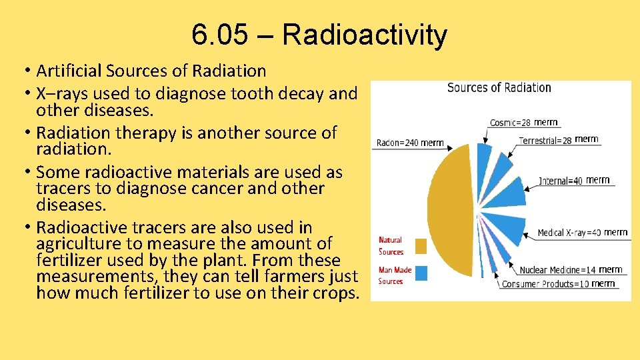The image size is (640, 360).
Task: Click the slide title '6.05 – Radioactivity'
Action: (x=319, y=35)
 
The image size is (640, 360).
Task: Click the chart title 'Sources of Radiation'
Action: (x=499, y=88)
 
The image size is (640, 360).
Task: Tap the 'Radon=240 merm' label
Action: (x=410, y=143)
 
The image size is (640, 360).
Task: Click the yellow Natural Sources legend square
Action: (x=420, y=247)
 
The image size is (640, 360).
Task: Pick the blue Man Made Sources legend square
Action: (x=420, y=273)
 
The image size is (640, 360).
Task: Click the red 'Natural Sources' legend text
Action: (x=391, y=246)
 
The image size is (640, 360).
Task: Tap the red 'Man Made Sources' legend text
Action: (x=395, y=275)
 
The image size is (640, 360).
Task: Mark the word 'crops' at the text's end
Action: (x=336, y=293)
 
